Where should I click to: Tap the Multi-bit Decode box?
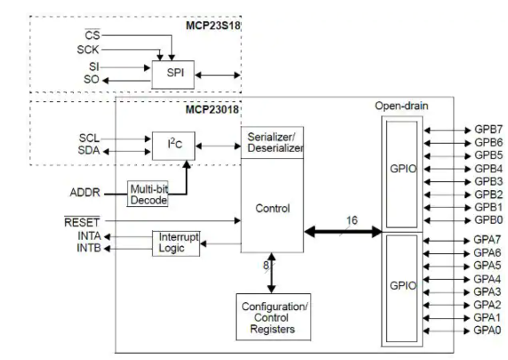click(x=149, y=195)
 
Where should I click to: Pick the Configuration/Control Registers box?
click(x=270, y=318)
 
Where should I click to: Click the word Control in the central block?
click(x=271, y=209)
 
